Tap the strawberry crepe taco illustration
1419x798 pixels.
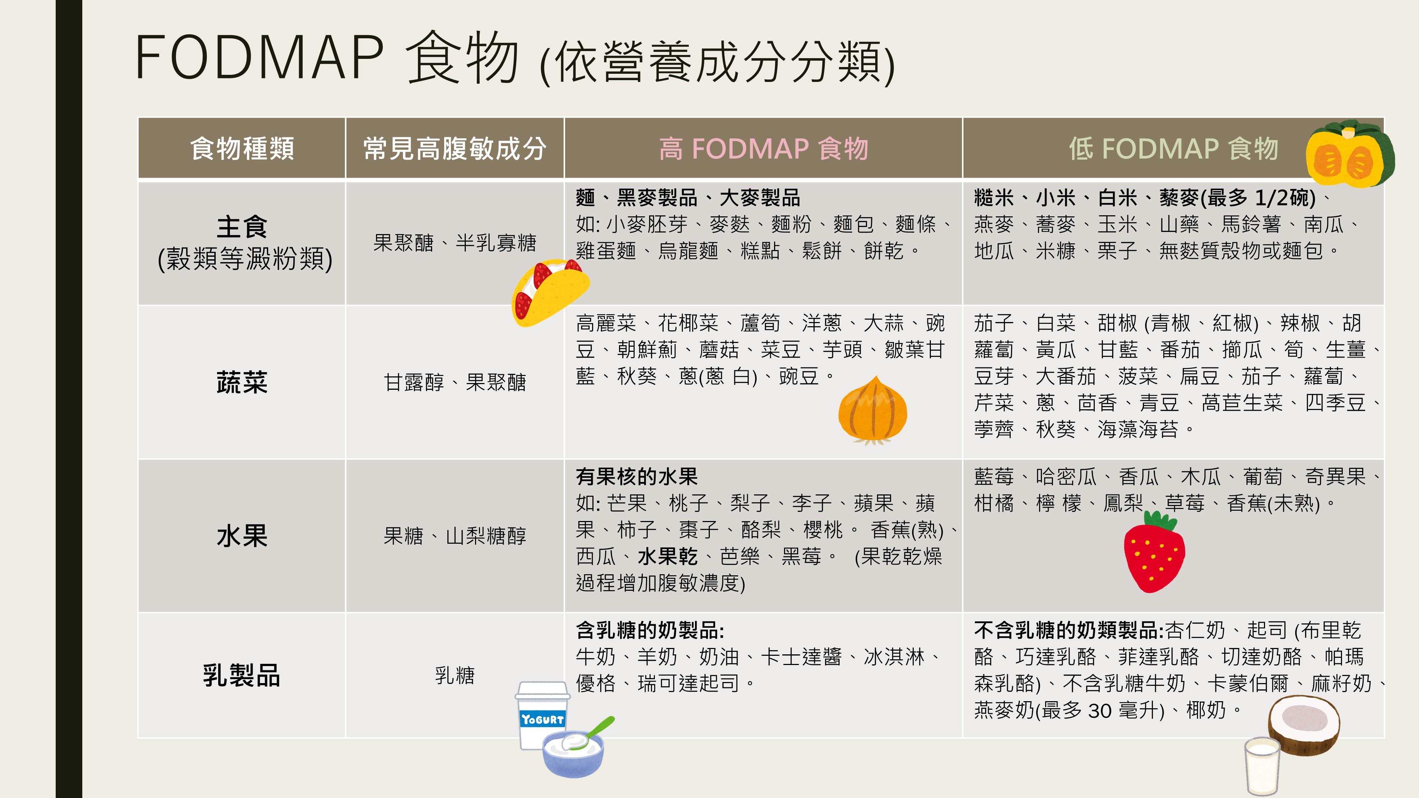[548, 292]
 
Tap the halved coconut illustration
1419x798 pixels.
[1304, 725]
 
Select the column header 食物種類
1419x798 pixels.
[242, 148]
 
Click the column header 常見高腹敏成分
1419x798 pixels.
[454, 148]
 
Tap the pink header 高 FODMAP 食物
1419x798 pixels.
[763, 148]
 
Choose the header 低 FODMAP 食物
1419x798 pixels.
[1173, 148]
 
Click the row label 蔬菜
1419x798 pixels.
[242, 382]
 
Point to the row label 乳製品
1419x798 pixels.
[242, 675]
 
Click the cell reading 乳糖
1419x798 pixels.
[454, 675]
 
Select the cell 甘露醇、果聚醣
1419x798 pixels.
[454, 382]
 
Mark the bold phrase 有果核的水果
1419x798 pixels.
[636, 476]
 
